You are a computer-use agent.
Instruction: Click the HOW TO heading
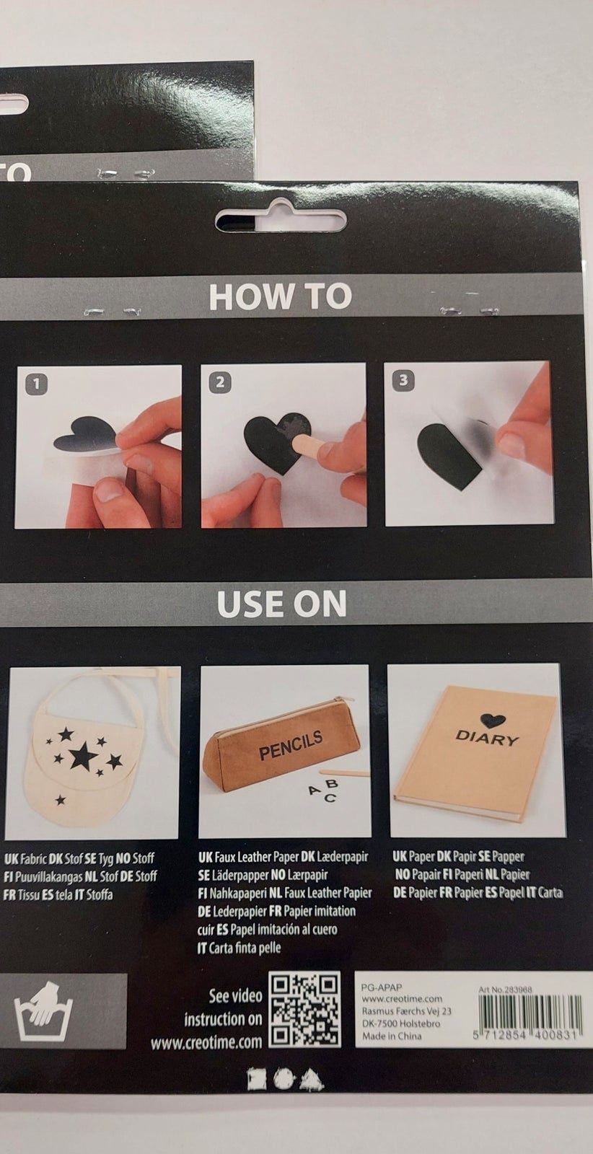click(x=281, y=296)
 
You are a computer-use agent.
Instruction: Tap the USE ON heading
click(x=281, y=603)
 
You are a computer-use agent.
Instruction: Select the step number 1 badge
click(x=37, y=383)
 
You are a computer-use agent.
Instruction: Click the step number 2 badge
click(x=221, y=382)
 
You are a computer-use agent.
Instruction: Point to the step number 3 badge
click(x=403, y=380)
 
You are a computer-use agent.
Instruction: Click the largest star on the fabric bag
click(x=84, y=756)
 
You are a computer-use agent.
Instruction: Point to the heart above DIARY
click(x=490, y=721)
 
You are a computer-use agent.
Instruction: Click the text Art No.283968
click(x=505, y=990)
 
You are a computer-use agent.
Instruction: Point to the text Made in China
click(x=391, y=1036)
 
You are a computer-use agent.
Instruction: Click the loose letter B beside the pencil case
click(x=332, y=784)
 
